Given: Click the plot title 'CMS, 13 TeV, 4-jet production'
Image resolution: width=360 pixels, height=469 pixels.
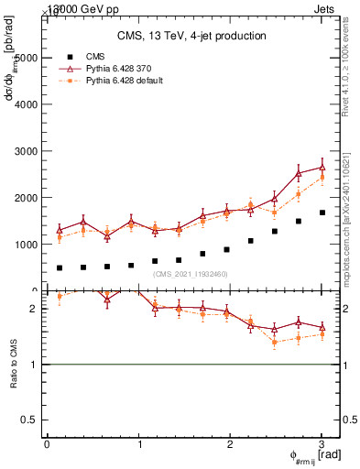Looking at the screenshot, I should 191,36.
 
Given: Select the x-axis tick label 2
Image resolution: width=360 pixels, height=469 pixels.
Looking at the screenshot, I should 230,444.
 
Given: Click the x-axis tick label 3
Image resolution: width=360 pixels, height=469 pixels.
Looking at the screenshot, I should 322,444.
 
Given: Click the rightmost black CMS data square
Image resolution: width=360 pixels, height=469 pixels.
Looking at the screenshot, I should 322,213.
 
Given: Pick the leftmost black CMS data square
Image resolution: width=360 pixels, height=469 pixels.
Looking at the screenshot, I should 60,268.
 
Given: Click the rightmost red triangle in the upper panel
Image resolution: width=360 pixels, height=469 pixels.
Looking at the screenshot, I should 322,168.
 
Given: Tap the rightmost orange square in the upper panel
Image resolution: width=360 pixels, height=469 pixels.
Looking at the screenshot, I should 322,178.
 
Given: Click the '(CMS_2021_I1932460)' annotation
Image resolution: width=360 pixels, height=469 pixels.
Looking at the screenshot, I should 190,274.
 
